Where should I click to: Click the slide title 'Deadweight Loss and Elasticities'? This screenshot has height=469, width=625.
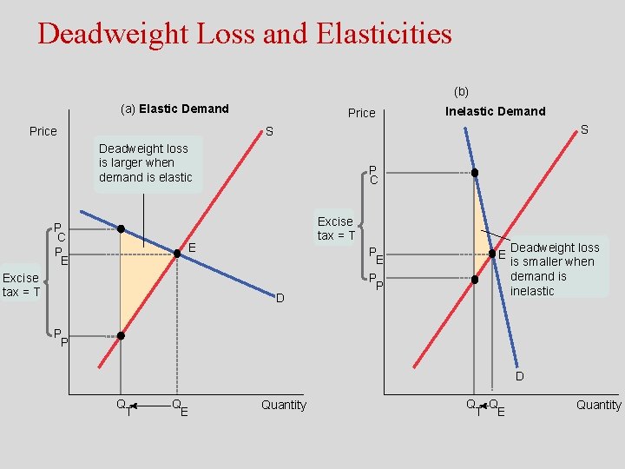[x=245, y=34]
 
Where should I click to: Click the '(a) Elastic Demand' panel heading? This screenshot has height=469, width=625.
[x=174, y=109]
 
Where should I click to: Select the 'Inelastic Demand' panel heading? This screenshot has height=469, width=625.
[x=495, y=110]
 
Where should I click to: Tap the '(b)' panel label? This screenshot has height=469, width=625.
[x=461, y=91]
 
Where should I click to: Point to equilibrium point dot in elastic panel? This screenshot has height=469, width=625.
[x=177, y=254]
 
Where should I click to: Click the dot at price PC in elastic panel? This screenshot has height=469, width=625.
[x=122, y=229]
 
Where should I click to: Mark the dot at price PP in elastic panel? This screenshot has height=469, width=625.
[x=121, y=335]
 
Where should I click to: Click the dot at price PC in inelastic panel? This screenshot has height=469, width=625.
[x=474, y=173]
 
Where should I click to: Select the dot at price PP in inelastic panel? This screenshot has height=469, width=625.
[x=474, y=280]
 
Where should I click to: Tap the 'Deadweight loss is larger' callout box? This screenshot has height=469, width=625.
[x=146, y=162]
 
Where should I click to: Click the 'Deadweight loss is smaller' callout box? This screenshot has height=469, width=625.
[x=555, y=268]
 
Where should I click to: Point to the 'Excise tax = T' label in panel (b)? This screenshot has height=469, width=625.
[x=335, y=228]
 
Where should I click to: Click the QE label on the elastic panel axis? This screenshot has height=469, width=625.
[x=179, y=406]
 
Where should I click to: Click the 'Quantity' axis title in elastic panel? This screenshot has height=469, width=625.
[x=283, y=405]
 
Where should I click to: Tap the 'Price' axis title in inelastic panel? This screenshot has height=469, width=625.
[x=361, y=113]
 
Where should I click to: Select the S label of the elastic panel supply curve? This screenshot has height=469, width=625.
[x=269, y=131]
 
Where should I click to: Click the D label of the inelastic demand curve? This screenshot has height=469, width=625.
[x=519, y=376]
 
